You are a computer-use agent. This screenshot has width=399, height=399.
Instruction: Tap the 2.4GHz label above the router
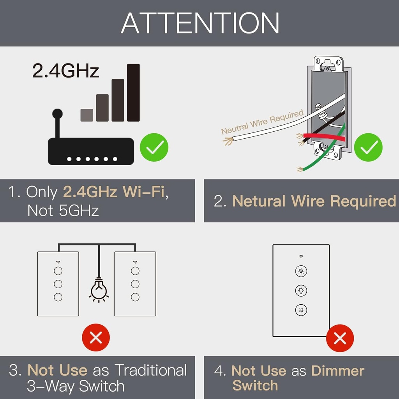pos(65,71)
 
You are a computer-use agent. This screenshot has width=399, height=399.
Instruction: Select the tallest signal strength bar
pos(133,93)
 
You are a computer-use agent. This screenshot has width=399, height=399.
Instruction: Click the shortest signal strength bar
pos(87,115)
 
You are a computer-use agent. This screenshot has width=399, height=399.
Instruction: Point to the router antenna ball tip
pos(57,114)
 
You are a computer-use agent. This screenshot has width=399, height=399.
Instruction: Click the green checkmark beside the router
pos(154,147)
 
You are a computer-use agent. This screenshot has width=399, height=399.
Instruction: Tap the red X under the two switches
pos(95,337)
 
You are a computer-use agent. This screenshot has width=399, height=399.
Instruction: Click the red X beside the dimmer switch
pos(340,339)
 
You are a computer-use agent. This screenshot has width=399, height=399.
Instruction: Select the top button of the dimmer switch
pos(301,272)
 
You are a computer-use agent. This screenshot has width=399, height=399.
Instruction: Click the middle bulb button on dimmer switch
pos(301,291)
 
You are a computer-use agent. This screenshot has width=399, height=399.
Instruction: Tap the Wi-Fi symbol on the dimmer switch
pos(301,256)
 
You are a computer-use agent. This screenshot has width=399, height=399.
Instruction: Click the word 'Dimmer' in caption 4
pos(338,371)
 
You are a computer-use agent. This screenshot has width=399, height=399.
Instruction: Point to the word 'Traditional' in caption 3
pos(150,370)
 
